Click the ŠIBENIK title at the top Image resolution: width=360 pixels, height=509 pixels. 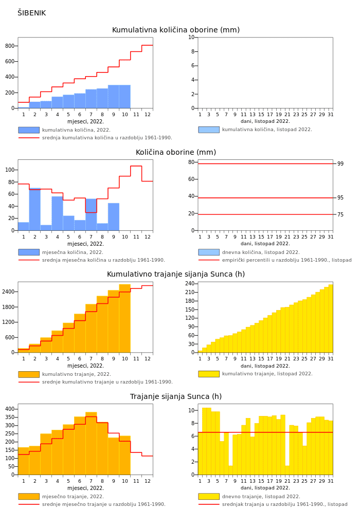[x=31, y=13]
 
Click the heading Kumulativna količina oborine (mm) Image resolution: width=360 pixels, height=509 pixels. [x=175, y=30]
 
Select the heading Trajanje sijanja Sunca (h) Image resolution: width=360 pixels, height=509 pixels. [x=175, y=397]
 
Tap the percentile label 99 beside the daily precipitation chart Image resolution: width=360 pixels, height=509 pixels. [x=340, y=164]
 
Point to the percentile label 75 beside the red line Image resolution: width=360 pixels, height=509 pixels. [x=340, y=215]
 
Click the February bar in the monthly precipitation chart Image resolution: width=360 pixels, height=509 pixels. [x=35, y=209]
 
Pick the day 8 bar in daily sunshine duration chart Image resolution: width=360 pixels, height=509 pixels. [x=231, y=470]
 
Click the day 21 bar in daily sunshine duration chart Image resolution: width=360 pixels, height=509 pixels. [x=287, y=470]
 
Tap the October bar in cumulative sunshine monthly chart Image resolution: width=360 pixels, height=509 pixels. [x=124, y=319]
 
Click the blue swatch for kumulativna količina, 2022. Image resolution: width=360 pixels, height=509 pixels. [x=29, y=130]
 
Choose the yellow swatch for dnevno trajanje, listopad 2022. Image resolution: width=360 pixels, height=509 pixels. [x=209, y=497]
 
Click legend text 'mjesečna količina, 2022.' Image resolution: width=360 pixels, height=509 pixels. [x=73, y=252]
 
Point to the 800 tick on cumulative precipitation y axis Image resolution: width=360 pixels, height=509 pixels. [x=10, y=46]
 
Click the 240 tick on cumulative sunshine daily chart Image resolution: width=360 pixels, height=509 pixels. [x=190, y=284]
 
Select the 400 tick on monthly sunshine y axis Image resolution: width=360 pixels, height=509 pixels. [x=10, y=409]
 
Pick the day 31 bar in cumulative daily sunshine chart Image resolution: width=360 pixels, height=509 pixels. [x=331, y=319]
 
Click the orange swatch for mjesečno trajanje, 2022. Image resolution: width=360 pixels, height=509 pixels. [x=29, y=497]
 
